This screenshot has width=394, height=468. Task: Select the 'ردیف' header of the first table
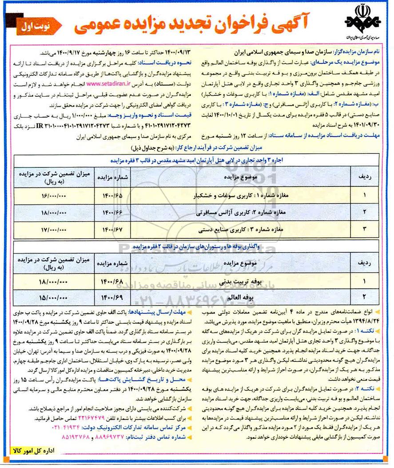tap(359, 176)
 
